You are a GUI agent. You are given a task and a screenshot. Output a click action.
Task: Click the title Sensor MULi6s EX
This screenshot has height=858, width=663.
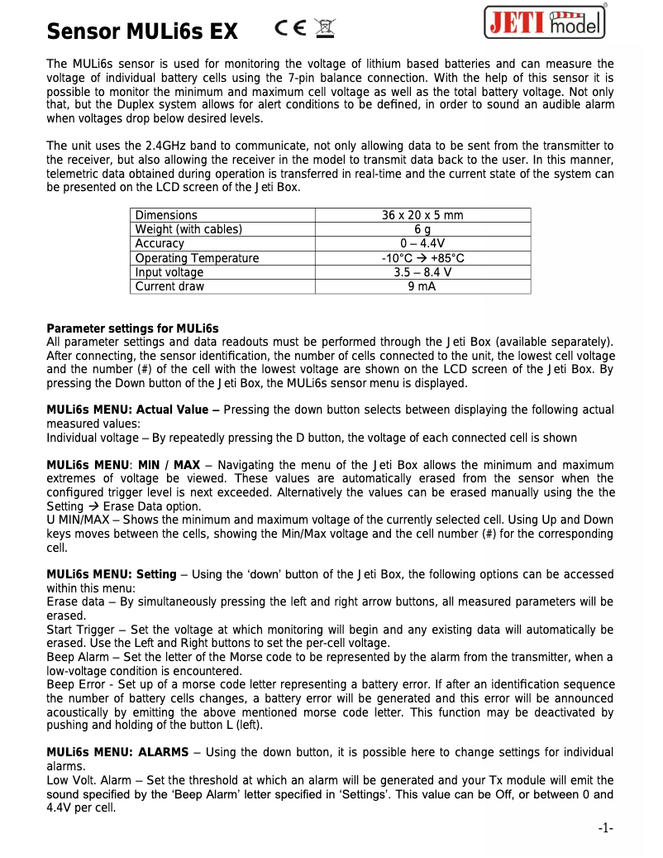142,32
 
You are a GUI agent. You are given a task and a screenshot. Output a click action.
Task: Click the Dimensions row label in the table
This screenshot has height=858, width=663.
166,215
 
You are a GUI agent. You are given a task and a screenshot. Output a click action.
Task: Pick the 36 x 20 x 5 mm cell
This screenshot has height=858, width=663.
422,215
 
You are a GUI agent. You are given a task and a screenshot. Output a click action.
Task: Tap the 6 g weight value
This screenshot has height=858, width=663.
422,229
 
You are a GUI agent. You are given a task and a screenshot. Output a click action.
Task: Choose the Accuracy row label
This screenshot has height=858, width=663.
160,243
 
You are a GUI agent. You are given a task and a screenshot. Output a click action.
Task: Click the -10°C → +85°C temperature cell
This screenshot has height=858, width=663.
422,258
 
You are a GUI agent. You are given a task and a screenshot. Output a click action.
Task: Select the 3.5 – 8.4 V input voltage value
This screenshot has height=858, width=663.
422,272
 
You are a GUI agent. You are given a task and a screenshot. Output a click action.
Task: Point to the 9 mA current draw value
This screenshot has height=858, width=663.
422,286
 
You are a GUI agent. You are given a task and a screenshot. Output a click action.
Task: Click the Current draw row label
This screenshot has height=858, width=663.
169,286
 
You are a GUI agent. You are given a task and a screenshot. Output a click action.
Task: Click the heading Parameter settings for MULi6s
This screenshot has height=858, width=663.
132,328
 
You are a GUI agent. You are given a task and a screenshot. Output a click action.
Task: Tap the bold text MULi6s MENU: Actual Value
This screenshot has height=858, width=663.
133,410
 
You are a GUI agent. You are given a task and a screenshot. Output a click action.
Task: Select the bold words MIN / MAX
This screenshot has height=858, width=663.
169,465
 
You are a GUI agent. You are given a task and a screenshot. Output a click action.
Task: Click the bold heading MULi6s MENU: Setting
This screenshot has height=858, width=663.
112,574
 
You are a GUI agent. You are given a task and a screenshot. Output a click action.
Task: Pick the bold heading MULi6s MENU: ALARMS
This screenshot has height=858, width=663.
117,752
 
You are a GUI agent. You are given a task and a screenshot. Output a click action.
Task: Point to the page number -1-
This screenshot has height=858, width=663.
605,828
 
